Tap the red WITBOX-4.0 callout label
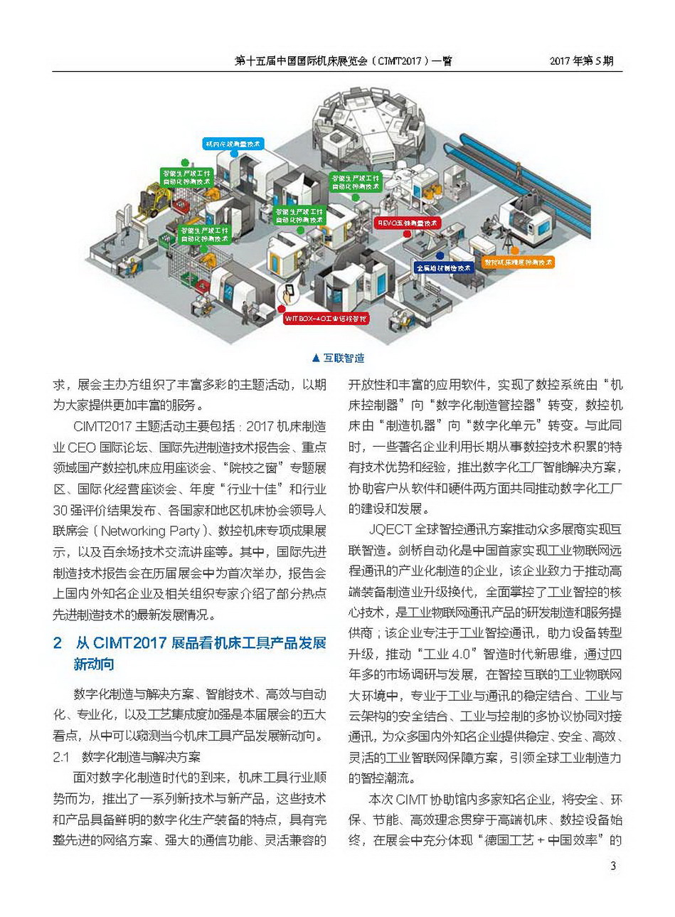click(x=326, y=319)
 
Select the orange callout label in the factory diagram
click(x=518, y=263)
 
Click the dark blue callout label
click(x=444, y=268)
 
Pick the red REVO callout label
click(x=408, y=223)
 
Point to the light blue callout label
click(x=233, y=144)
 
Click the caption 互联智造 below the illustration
click(x=344, y=359)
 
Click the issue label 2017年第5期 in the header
click(x=581, y=61)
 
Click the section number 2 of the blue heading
click(x=58, y=643)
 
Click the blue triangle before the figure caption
click(x=316, y=359)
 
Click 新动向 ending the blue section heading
click(x=94, y=664)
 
